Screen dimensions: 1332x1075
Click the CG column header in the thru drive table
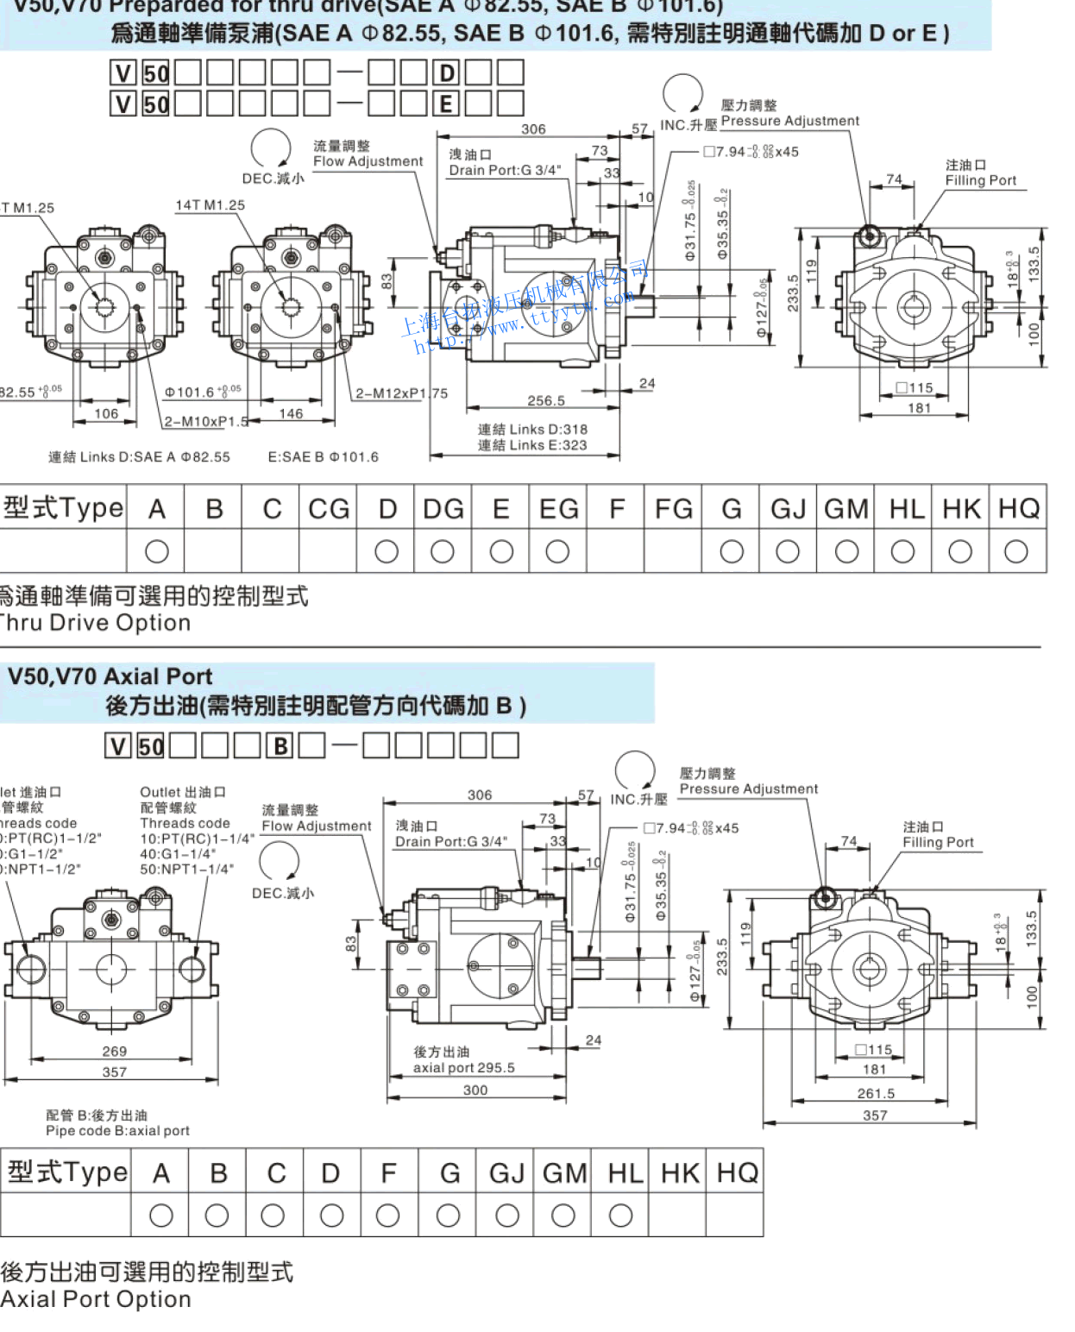pos(329,509)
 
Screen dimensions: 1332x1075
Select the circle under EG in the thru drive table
pos(557,551)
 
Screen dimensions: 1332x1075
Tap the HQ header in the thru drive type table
pos(1019,509)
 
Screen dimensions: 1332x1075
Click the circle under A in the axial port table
pos(161,1216)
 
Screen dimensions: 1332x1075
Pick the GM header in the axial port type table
pos(564,1173)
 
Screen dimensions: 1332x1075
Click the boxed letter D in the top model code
pos(447,73)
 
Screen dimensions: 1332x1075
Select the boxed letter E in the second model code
pos(446,104)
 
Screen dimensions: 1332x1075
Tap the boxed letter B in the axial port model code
pos(280,746)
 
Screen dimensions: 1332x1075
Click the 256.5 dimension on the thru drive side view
pos(546,401)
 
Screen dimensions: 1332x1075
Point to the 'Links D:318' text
pos(532,430)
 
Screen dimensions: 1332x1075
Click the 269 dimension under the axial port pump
pos(115,1052)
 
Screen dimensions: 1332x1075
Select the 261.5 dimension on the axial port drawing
pos(876,1094)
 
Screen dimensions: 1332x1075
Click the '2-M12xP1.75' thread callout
pos(401,393)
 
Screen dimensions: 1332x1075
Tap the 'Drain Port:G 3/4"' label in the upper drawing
pos(505,171)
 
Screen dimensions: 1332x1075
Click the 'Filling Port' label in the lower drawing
pos(938,843)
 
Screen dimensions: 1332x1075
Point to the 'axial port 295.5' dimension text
pos(463,1068)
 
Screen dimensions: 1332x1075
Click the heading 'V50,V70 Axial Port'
pos(110,677)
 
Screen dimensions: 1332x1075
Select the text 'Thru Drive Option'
pos(95,623)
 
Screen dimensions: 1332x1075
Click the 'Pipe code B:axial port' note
pos(117,1131)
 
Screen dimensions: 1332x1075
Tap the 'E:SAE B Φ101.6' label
pos(323,457)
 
